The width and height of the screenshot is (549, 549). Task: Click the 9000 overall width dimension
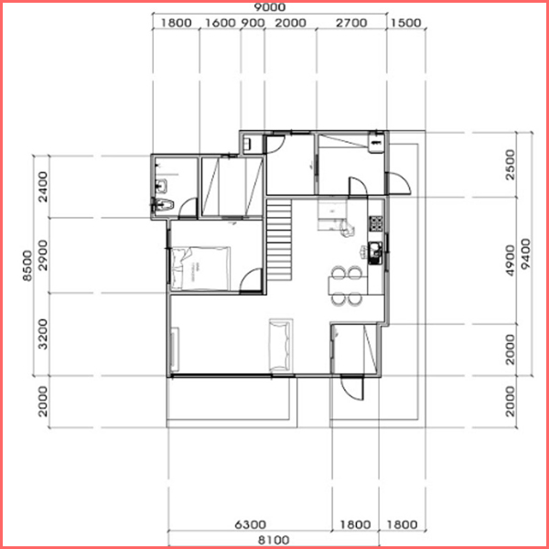coord(270,7)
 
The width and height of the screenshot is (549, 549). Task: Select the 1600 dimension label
coord(220,23)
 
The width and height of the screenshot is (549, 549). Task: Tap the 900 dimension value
coord(253,23)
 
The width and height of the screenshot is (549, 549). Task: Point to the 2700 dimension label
coord(351,23)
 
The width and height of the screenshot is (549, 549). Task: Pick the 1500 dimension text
coord(405,23)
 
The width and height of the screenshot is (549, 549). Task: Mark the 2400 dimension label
coord(44,187)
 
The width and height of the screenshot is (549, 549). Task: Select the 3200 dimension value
coord(44,334)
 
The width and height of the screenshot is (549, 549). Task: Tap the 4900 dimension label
coord(511,261)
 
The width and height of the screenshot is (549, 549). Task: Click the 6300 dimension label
coord(250,524)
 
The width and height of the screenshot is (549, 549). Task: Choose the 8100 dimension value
coord(274,540)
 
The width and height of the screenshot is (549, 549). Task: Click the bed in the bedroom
coord(200,268)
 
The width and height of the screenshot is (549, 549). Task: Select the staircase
coord(279,240)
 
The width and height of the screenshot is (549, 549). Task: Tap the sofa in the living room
coord(281,345)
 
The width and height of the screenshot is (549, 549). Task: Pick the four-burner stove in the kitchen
coord(376,223)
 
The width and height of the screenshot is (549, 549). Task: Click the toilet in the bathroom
coord(163,204)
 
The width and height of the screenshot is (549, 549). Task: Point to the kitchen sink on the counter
coord(375,253)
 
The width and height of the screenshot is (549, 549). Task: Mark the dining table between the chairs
coord(348,285)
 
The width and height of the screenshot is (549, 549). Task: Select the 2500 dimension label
coord(511,165)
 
